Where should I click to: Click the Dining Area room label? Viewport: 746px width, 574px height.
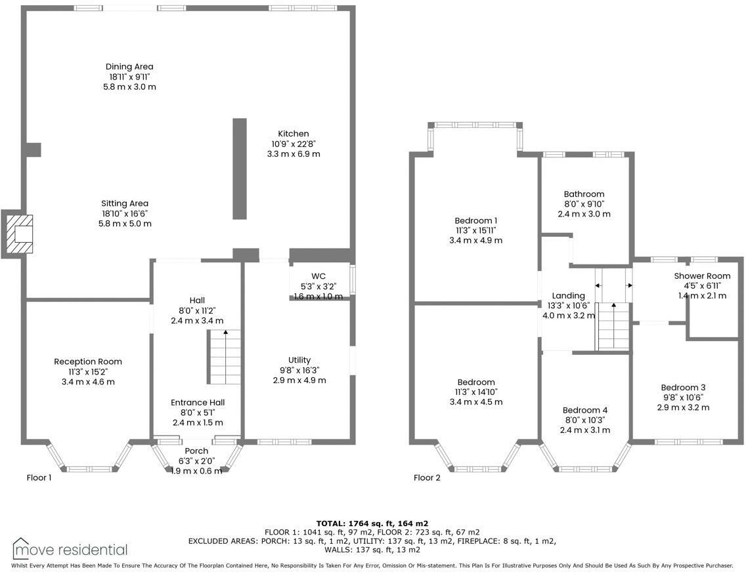(129, 67)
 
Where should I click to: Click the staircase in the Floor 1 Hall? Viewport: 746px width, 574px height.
(225, 358)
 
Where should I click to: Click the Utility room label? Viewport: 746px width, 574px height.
(299, 360)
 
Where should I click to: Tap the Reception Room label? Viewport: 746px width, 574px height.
(88, 361)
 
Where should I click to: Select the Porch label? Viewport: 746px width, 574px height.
(196, 451)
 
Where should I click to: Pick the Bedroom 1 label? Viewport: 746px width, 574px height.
(475, 220)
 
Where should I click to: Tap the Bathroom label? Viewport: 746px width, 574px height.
(584, 194)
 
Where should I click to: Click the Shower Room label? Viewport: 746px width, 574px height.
(702, 276)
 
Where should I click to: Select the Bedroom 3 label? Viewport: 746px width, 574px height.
(683, 387)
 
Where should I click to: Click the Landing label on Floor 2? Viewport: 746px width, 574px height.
(568, 296)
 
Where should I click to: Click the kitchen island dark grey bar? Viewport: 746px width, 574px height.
(240, 169)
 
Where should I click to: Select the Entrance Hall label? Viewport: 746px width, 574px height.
(197, 403)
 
